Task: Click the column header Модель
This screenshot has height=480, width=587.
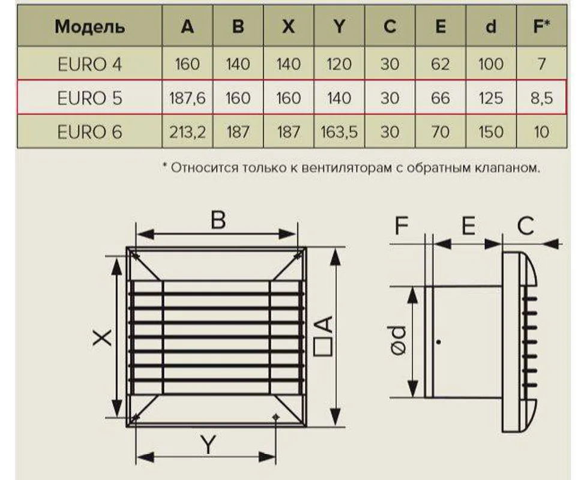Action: [90, 27]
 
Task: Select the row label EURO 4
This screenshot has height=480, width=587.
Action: [89, 64]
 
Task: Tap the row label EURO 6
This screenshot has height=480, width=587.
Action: [89, 132]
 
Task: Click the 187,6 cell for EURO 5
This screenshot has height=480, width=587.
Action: [187, 98]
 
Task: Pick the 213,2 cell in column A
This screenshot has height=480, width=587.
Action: [187, 132]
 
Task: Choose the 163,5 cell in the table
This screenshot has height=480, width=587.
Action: [339, 132]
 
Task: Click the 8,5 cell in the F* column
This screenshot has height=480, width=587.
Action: [541, 98]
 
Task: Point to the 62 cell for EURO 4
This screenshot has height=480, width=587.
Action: [441, 64]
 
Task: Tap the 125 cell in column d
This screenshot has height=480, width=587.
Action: [491, 98]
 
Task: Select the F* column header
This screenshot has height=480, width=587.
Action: [541, 27]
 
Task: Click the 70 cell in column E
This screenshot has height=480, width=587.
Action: [441, 132]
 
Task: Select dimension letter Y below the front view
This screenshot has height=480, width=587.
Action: [208, 446]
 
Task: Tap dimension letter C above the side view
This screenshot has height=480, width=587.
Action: [525, 226]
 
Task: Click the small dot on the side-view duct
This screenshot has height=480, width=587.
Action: [439, 342]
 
